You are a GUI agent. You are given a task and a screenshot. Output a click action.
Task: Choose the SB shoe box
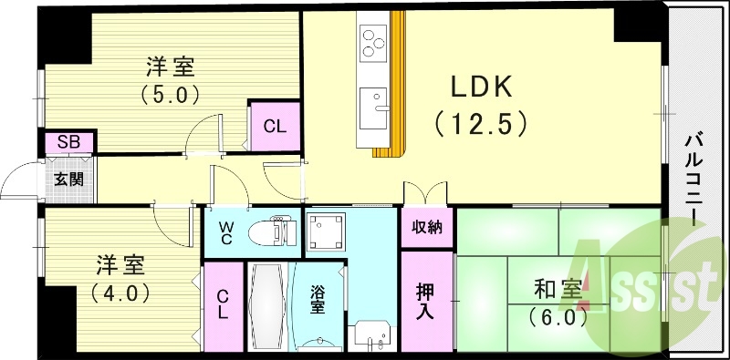pyautogui.click(x=68, y=142)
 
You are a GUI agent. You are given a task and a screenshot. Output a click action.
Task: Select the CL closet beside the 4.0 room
pyautogui.click(x=223, y=306)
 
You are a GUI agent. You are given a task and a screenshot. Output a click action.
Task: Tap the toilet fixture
pyautogui.click(x=279, y=230)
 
